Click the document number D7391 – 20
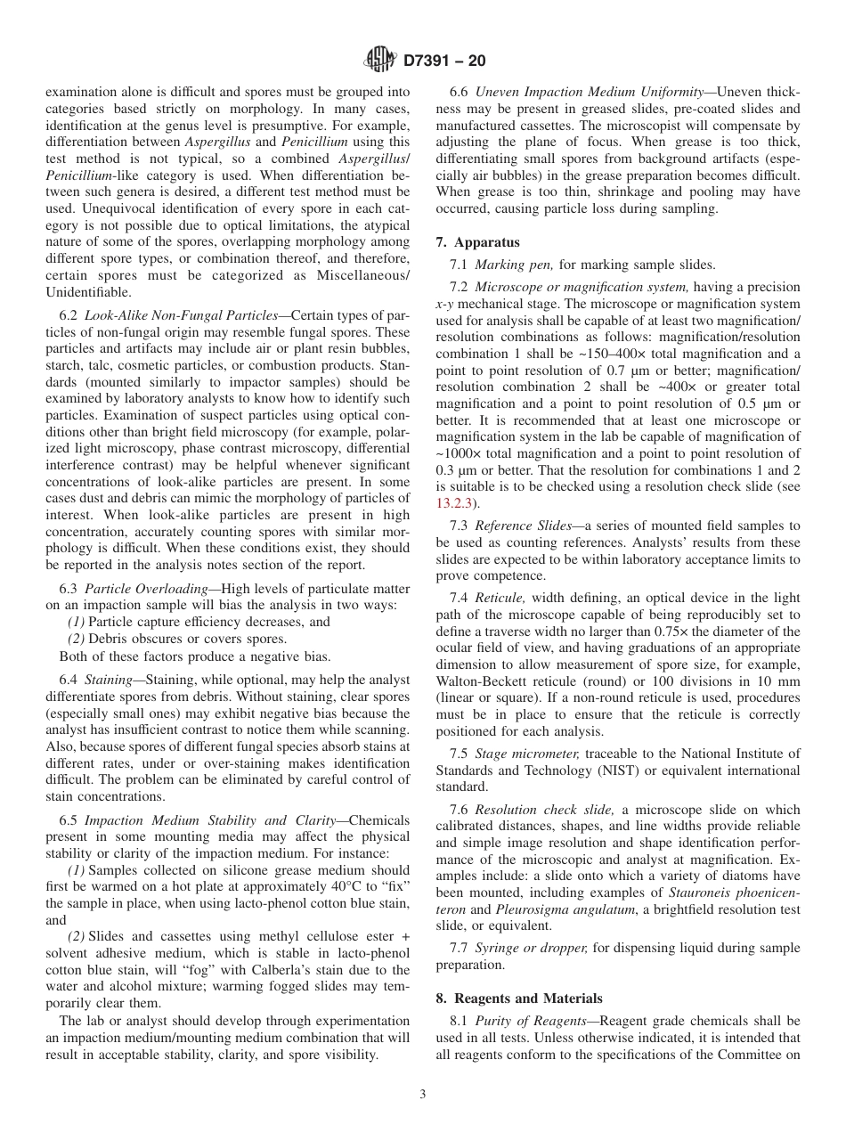tap(444, 61)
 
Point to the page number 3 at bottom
tap(422, 1095)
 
